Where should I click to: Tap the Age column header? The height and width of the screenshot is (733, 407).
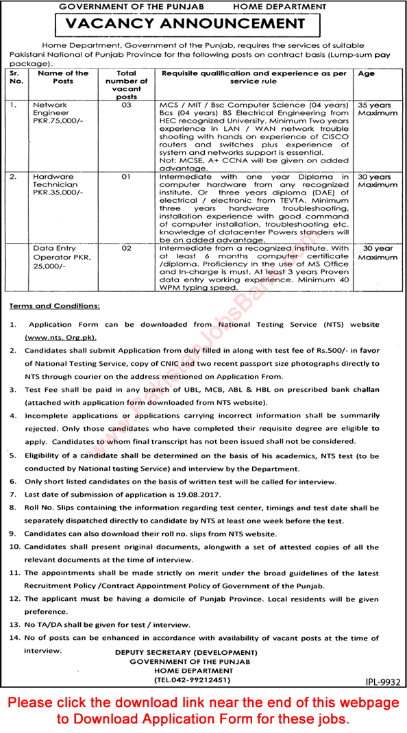click(367, 73)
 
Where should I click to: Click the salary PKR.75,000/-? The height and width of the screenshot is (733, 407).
click(59, 127)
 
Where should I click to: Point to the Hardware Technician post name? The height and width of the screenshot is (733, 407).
click(55, 180)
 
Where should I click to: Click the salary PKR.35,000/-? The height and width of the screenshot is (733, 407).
click(59, 193)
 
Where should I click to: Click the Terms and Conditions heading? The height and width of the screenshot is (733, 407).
click(56, 306)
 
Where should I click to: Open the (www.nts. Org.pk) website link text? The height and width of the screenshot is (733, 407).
click(60, 338)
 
